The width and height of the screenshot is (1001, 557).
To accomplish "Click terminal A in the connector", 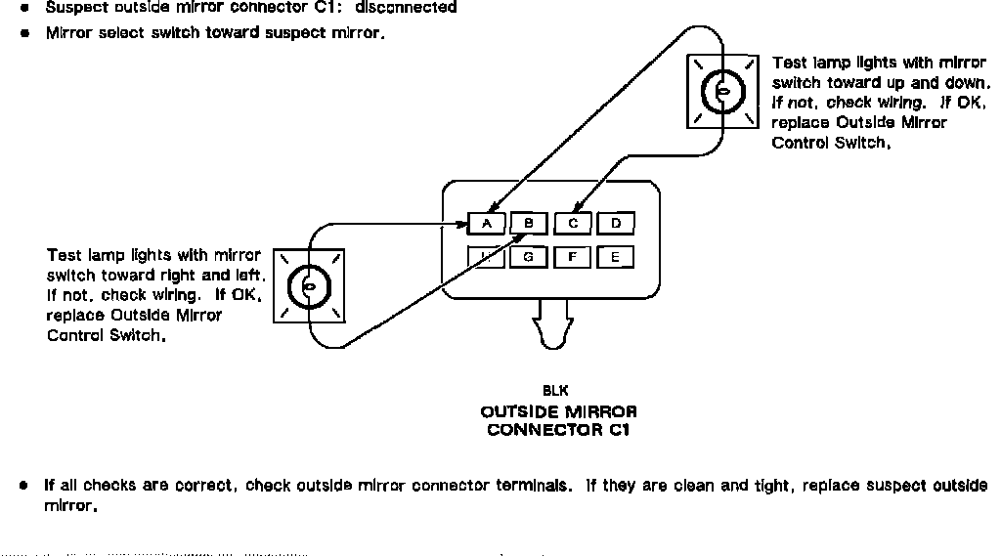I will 486,224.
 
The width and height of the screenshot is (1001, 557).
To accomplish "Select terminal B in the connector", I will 528,224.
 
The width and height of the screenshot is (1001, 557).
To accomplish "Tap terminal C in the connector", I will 573,224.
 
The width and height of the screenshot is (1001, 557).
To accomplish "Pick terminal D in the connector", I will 616,224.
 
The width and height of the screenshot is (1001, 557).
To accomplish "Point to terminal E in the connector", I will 615,258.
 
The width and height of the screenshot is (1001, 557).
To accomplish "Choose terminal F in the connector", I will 573,258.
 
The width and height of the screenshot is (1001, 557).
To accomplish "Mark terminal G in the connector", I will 528,258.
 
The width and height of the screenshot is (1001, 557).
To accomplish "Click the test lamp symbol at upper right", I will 722,92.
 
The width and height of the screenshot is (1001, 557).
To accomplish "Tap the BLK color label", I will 555,391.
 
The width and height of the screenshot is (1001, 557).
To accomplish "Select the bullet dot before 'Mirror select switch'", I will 24,33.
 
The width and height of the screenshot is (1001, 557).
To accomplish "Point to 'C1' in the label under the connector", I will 619,430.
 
